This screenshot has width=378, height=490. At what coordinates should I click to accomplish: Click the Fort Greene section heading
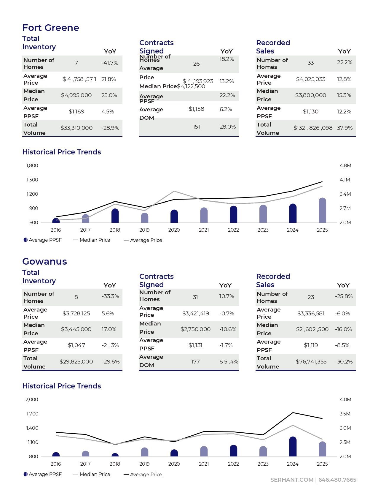coord(51,28)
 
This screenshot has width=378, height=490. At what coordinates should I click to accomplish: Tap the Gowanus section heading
coord(44,261)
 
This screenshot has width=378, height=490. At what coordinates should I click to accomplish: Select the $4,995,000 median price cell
coord(76,95)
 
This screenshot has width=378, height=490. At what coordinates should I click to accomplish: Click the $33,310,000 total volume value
coord(76,128)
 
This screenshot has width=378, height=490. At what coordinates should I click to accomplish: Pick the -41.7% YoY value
coord(110,63)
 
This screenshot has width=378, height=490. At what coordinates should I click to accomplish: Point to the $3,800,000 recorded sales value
coord(310,95)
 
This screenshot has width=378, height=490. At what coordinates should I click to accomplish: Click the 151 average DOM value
coord(196,127)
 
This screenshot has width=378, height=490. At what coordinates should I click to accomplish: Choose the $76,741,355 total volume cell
coord(311,362)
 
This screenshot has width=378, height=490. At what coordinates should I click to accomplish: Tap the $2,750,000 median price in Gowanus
coord(195,329)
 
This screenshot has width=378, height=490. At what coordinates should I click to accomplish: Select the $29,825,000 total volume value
coord(76,362)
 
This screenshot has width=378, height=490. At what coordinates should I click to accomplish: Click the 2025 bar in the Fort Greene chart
coord(322,211)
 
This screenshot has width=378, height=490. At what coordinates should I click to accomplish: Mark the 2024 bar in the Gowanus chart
coord(293,446)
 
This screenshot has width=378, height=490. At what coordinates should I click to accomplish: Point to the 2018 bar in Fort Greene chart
coord(115,216)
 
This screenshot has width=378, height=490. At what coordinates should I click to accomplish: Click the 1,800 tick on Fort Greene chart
coord(32,166)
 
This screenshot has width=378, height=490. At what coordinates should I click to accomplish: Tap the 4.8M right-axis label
coord(345,166)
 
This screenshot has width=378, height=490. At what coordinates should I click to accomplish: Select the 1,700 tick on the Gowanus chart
coord(32,414)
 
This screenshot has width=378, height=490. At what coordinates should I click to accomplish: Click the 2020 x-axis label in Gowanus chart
coord(174,464)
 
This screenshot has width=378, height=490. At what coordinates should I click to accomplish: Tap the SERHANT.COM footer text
coord(292,480)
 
